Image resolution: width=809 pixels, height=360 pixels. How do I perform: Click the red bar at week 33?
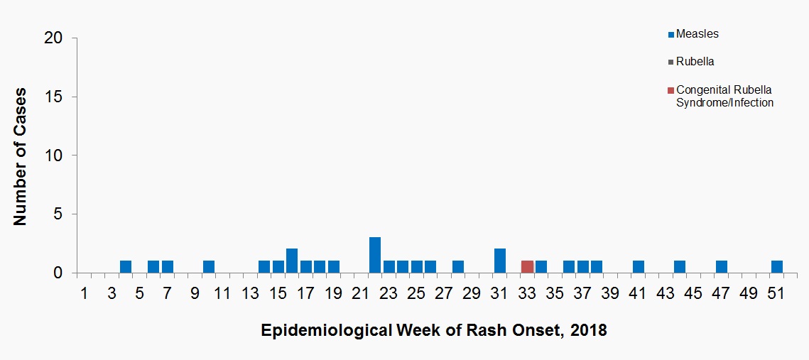point(527,267)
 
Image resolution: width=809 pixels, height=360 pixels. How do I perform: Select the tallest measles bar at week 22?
point(375,255)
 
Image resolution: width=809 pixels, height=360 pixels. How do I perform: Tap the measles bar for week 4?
point(126,267)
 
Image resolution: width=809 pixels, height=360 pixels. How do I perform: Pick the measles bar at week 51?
point(777,267)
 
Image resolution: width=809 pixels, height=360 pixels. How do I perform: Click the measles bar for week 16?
point(292,261)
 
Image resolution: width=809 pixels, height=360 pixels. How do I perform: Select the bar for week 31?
point(500,261)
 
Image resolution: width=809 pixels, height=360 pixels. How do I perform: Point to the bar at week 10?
point(209,267)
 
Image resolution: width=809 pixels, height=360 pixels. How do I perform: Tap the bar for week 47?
point(722,267)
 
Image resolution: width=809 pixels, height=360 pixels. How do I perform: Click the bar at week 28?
point(458,267)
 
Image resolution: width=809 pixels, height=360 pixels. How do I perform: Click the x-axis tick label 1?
point(84,294)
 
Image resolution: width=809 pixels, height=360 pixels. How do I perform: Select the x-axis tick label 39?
point(610,294)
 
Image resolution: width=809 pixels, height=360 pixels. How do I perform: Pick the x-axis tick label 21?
point(361,294)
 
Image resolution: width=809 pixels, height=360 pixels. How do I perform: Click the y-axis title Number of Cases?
point(21,156)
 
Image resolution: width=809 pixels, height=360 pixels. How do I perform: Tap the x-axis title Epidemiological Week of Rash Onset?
point(433,331)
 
